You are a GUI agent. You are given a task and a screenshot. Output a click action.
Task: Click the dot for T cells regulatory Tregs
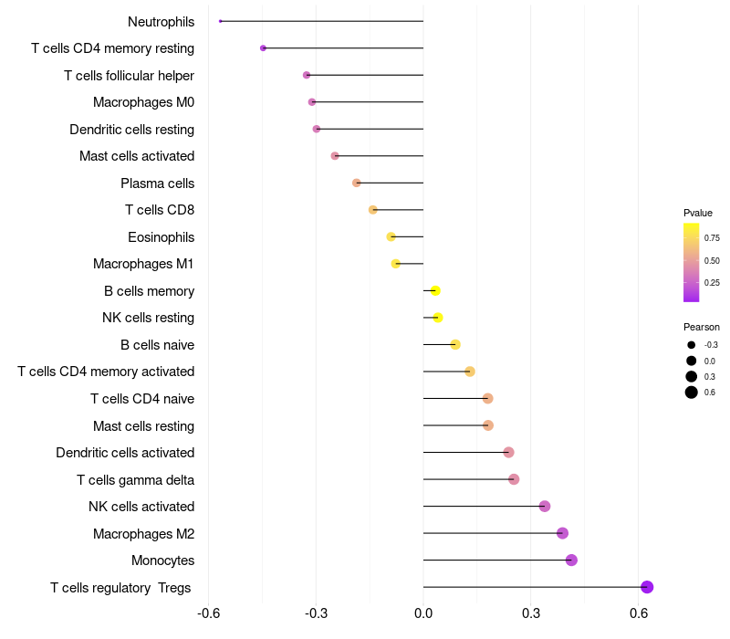pos(647,587)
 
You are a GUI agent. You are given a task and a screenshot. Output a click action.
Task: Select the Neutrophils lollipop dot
pos(221,21)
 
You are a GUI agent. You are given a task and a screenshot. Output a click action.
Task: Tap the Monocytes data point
pos(571,560)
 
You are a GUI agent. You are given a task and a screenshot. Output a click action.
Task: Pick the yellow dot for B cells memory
pos(435,291)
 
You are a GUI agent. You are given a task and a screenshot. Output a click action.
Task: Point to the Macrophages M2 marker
pos(562,533)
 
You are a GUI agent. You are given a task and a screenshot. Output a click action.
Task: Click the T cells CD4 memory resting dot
pos(263,48)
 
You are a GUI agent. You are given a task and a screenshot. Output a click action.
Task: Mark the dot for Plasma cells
pos(357,183)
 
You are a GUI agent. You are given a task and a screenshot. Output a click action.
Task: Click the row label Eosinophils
pos(161,237)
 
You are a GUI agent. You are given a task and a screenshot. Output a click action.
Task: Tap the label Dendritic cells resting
pos(131,130)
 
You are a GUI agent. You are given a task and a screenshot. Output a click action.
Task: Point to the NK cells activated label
pos(141,507)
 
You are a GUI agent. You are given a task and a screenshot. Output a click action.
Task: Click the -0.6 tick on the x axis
pos(208,613)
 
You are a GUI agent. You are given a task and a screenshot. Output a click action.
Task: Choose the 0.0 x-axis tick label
pos(423,613)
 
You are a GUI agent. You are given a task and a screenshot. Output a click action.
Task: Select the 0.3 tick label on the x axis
pos(531,613)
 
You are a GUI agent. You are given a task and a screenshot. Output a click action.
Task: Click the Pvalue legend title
pos(698,213)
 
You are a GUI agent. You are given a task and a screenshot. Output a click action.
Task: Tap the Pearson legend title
pos(701,327)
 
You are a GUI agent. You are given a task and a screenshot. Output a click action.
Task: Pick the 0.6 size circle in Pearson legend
pos(692,393)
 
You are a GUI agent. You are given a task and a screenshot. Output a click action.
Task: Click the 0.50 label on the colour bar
pos(712,260)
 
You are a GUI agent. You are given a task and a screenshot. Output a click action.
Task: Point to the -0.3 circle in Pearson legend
pos(692,345)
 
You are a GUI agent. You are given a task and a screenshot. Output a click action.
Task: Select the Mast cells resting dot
pos(487,425)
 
